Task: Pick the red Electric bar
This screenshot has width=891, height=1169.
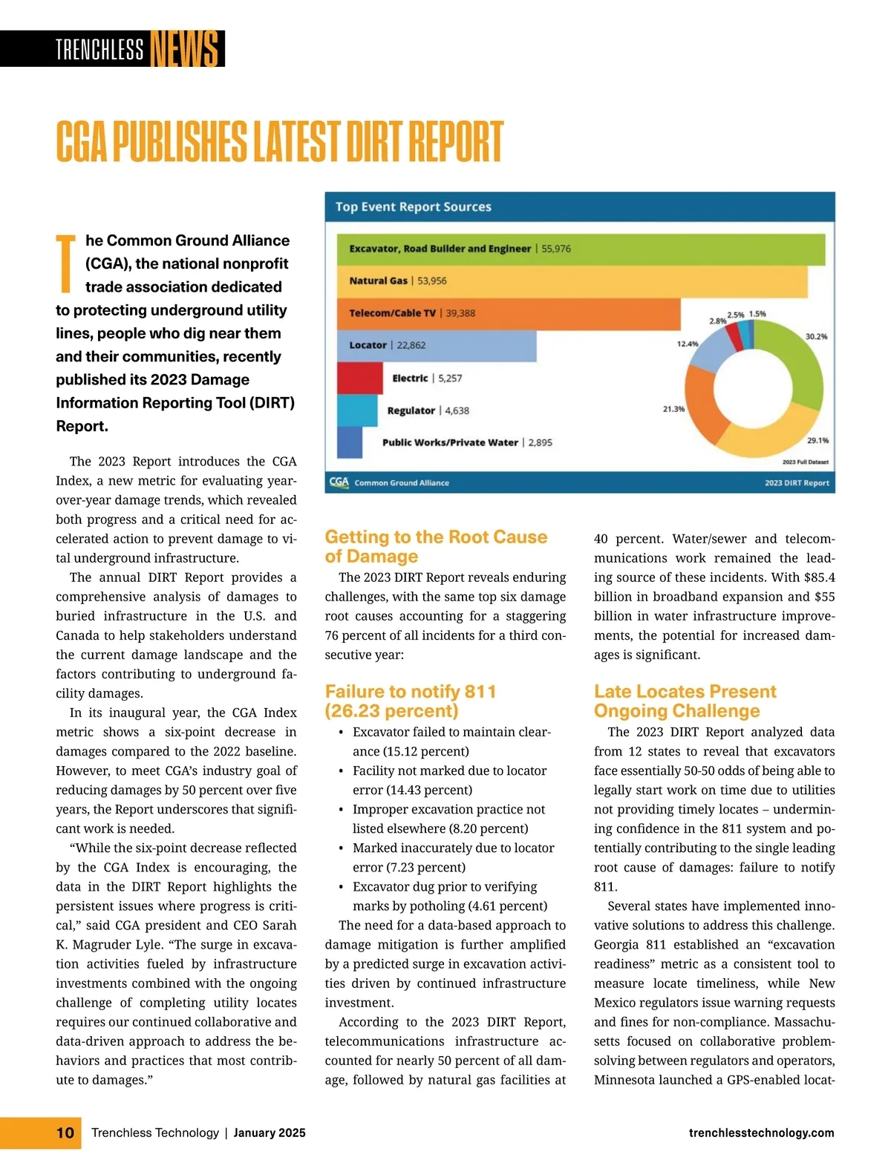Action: [359, 378]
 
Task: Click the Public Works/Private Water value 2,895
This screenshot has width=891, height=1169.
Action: [540, 442]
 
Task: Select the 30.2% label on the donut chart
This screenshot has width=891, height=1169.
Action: [816, 337]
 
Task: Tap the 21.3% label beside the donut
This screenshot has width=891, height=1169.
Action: [673, 409]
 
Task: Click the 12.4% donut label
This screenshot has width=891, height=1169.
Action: [688, 344]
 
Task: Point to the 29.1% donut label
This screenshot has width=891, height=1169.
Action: [817, 441]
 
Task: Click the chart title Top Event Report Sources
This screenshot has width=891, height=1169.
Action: [413, 207]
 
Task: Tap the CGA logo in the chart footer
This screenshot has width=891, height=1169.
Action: [339, 482]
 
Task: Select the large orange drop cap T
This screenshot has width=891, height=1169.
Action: [66, 263]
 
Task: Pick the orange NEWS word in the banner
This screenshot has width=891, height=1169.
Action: [185, 49]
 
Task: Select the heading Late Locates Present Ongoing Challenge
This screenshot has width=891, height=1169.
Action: [685, 701]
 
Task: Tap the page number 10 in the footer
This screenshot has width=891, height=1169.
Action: [65, 1133]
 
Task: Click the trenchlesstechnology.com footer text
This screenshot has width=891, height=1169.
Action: [761, 1133]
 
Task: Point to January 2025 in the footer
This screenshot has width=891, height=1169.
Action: [270, 1133]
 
